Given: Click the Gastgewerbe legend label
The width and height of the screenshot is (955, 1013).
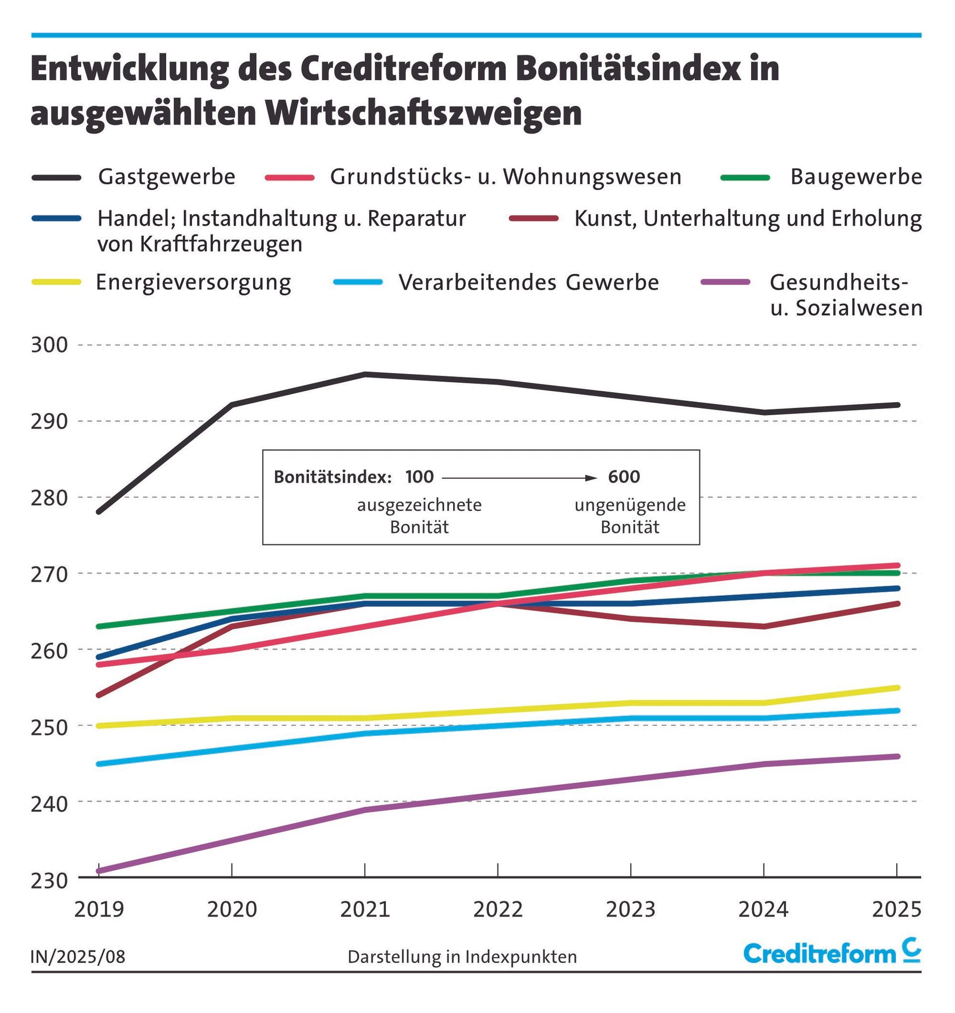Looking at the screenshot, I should tap(167, 177).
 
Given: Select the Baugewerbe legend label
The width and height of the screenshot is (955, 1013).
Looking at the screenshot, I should tap(856, 177).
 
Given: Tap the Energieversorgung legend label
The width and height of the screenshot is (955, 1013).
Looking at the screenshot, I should tap(193, 282).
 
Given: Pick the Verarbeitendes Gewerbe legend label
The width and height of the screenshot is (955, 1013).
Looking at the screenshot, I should tap(529, 282).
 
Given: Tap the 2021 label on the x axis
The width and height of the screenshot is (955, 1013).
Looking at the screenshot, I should tap(365, 909).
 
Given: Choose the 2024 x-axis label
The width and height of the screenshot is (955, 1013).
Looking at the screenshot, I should tap(764, 909).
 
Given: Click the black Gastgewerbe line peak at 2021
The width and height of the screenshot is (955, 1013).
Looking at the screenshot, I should tap(365, 374).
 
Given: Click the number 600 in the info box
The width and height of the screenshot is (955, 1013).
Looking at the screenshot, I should tap(624, 477).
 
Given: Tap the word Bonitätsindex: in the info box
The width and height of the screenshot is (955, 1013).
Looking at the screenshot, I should tap(332, 477).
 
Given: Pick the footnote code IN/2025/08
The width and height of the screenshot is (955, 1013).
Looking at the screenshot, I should tap(78, 956).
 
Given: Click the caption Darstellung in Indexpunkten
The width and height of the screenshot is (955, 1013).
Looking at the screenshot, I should tap(462, 956).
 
